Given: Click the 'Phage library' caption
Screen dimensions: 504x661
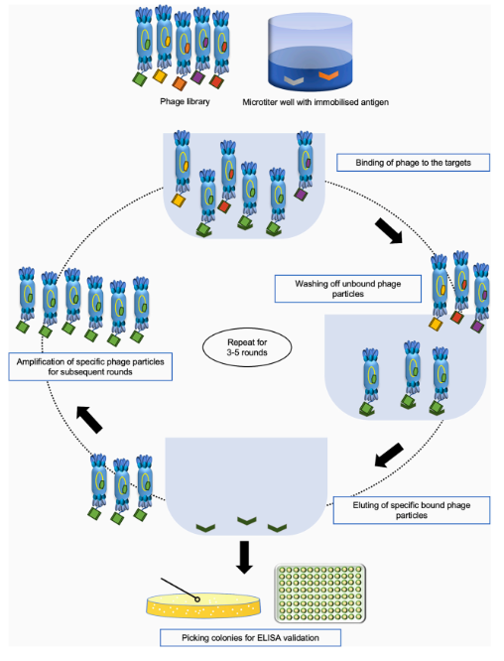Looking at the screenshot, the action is click(x=185, y=101).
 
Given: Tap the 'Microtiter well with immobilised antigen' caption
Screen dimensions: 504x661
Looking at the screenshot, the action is click(x=315, y=102).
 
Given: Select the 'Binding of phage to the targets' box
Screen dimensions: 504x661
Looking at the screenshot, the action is click(x=413, y=163).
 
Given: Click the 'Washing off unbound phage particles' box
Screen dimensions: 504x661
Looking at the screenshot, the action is click(x=347, y=289).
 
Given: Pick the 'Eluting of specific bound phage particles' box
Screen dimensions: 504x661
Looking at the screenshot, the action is click(x=412, y=510).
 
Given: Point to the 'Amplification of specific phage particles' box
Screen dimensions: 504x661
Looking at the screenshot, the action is click(x=90, y=367).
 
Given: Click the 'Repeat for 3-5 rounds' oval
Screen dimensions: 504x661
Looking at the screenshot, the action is click(x=247, y=347).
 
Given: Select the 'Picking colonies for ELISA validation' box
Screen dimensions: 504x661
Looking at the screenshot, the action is click(x=250, y=638).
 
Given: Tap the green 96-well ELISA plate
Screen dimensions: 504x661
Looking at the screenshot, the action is click(x=320, y=594).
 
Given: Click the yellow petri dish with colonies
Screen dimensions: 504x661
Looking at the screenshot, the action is click(x=203, y=605).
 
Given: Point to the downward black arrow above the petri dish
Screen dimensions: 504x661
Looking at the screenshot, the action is click(x=244, y=557).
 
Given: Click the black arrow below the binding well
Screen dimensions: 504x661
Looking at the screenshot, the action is click(x=389, y=230).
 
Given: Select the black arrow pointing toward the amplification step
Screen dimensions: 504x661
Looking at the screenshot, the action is click(x=89, y=420).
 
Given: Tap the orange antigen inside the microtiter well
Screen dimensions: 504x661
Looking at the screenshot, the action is click(x=328, y=75).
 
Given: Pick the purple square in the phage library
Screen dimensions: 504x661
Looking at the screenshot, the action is click(x=198, y=77).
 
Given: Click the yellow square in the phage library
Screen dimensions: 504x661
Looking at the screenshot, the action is click(x=160, y=75).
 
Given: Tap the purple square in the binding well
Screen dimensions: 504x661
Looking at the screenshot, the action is click(x=301, y=194).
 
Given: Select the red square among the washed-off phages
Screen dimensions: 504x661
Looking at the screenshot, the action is click(x=457, y=317).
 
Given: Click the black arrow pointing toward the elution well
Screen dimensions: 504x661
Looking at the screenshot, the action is click(x=389, y=455).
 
